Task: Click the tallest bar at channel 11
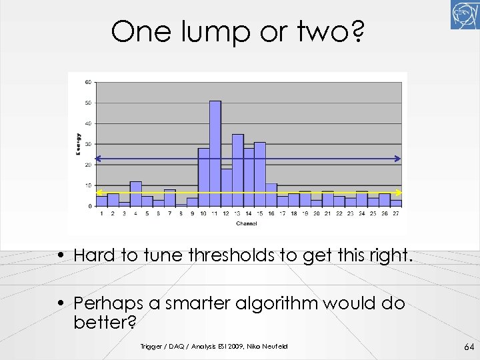point(215,153)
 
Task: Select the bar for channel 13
point(237,170)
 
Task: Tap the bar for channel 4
point(135,194)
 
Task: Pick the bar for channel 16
point(271,195)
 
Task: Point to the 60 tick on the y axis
point(88,83)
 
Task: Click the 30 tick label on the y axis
point(88,144)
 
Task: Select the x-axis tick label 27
point(397,213)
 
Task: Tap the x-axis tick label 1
point(101,213)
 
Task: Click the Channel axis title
point(246,223)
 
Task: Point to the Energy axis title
point(78,144)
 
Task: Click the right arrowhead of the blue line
point(398,159)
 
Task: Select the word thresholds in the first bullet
point(221,255)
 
